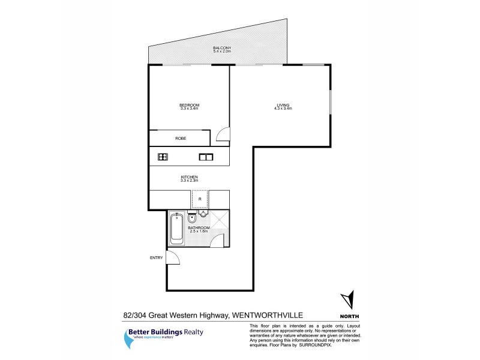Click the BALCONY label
(x=222, y=47)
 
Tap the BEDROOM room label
(x=189, y=105)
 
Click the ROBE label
(x=181, y=139)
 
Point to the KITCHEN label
(x=189, y=177)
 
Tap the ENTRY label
(x=156, y=258)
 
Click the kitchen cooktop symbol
(x=163, y=157)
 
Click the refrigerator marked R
(x=199, y=199)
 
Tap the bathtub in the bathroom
(x=177, y=229)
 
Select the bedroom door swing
(x=222, y=136)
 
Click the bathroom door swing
(x=217, y=239)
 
